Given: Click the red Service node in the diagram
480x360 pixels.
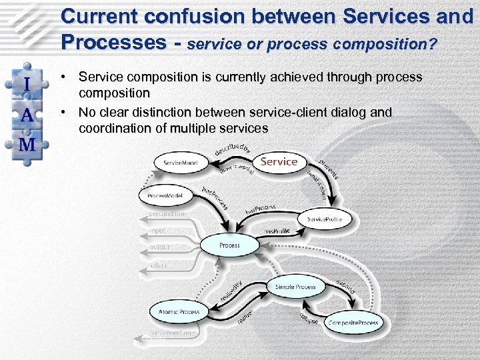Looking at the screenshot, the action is coord(279,161).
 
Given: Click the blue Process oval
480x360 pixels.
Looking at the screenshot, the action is coord(229,245).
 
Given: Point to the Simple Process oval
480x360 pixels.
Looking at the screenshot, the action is coord(295,287).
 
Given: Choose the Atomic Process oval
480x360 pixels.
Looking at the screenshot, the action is coord(179,312).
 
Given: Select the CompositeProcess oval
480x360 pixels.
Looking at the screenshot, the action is coord(353,323).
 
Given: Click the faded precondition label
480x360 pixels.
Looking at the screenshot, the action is coord(167,214).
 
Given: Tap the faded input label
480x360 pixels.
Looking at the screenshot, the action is coord(158,231).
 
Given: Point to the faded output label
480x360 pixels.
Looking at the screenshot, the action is coord(160,247).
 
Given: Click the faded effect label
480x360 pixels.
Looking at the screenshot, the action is coord(159,265).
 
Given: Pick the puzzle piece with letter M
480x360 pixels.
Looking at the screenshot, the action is coord(27,144).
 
